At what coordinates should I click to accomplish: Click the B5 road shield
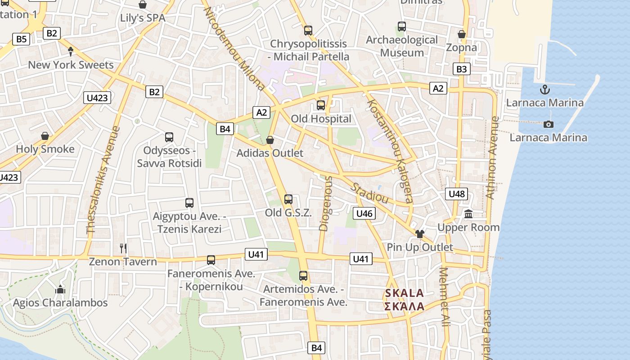coord(21,39)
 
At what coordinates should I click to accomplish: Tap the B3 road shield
coord(461,69)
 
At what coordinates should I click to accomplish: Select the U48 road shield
coord(456,194)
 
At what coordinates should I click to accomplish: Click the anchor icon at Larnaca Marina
coord(545,89)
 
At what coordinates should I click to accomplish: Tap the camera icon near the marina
coord(548,124)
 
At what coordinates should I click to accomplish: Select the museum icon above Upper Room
coord(468,214)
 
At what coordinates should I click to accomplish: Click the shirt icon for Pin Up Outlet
coord(420,234)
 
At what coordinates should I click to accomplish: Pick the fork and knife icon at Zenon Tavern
coord(123,248)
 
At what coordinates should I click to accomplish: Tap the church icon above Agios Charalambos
coord(60,289)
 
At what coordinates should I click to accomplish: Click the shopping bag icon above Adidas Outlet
coord(270,140)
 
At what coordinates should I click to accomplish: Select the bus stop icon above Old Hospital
coord(321,105)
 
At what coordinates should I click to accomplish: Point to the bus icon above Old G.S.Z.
coord(288,199)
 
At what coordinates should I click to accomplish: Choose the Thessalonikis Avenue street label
coord(103,180)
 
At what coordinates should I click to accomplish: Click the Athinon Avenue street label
coord(492,157)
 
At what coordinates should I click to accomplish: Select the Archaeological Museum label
coord(402,46)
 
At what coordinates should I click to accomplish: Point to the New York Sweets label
coord(71,65)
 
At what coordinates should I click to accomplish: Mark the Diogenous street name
coord(326,203)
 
